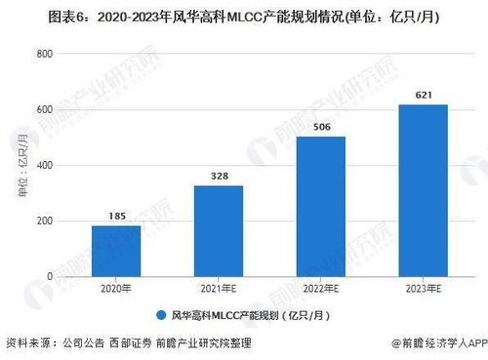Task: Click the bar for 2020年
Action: pyautogui.click(x=116, y=251)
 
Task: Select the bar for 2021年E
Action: pyautogui.click(x=219, y=230)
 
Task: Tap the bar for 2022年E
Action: pyautogui.click(x=320, y=206)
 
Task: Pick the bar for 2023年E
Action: pyautogui.click(x=423, y=190)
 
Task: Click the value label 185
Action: pyautogui.click(x=116, y=214)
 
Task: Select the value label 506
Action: pyautogui.click(x=320, y=126)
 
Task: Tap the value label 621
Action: pyautogui.click(x=423, y=94)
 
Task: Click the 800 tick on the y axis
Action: pyautogui.click(x=42, y=55)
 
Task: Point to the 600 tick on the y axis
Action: pyautogui.click(x=42, y=110)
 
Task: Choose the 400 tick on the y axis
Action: pyautogui.click(x=42, y=166)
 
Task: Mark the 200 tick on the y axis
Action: pyautogui.click(x=42, y=221)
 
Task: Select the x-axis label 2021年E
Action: pyautogui.click(x=219, y=289)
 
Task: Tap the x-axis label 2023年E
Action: pyautogui.click(x=423, y=289)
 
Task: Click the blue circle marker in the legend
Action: pyautogui.click(x=158, y=314)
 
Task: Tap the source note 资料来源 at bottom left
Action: pyautogui.click(x=25, y=343)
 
